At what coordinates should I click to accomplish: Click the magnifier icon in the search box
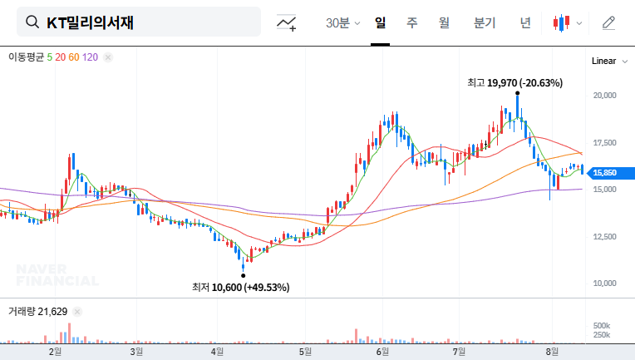(x=32, y=22)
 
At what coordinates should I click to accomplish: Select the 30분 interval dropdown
(x=342, y=22)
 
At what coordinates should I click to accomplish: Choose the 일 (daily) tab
(x=381, y=22)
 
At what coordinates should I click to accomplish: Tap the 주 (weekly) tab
(x=412, y=22)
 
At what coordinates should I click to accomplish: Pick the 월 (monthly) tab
(x=444, y=22)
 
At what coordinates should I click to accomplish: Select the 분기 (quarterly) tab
(x=484, y=22)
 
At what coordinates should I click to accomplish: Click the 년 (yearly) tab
(x=525, y=22)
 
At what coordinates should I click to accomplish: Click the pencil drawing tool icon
(x=608, y=22)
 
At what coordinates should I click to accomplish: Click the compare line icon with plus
(x=287, y=22)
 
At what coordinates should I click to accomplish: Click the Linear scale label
(x=603, y=62)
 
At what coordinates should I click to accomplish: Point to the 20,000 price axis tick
(x=603, y=96)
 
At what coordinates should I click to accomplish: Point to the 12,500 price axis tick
(x=603, y=237)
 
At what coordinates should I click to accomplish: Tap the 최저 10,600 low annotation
(x=240, y=288)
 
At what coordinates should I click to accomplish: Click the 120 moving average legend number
(x=91, y=57)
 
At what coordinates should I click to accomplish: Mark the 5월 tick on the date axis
(x=304, y=352)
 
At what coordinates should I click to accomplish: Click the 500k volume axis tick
(x=602, y=325)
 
